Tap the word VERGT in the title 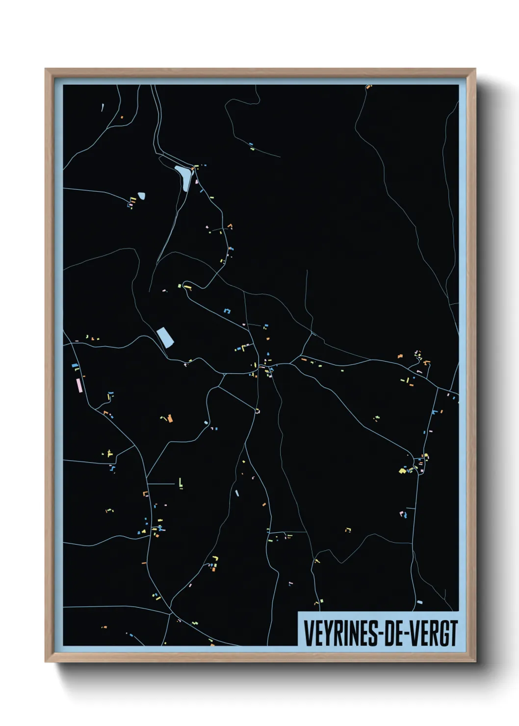coord(434,633)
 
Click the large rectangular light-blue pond coord(165,337)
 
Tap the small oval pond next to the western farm coord(141,196)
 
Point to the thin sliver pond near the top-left coord(103,107)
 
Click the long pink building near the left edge coord(78,385)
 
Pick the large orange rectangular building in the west coord(170,418)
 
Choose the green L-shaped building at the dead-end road coord(181,484)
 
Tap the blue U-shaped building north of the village coord(227,311)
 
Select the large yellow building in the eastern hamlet coord(402,471)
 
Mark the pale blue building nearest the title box coord(419,602)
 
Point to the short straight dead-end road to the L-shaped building coord(161,484)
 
